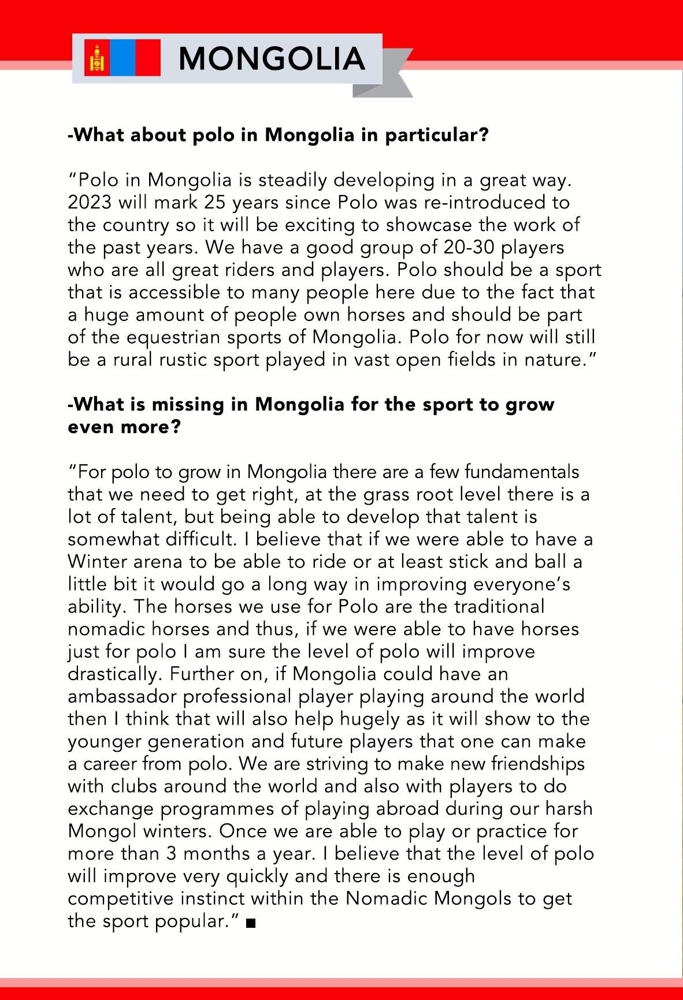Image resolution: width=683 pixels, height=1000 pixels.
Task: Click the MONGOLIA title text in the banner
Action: (x=272, y=58)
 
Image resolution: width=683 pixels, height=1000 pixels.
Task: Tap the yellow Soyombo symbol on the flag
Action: (x=96, y=58)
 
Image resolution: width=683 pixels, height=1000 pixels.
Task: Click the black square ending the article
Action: (x=250, y=924)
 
